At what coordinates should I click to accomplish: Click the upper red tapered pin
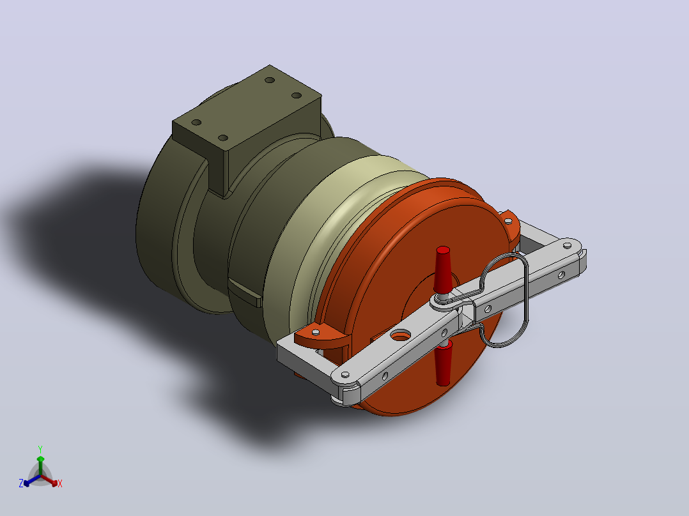click(442, 269)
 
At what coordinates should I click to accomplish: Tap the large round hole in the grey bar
click(400, 336)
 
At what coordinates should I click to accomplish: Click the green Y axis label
click(40, 449)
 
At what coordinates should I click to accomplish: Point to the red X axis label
click(60, 483)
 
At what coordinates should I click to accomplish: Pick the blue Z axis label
click(21, 483)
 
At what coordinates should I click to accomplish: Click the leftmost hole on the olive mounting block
click(196, 123)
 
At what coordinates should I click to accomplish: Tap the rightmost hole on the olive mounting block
click(297, 95)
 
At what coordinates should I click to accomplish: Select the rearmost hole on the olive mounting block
click(270, 80)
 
